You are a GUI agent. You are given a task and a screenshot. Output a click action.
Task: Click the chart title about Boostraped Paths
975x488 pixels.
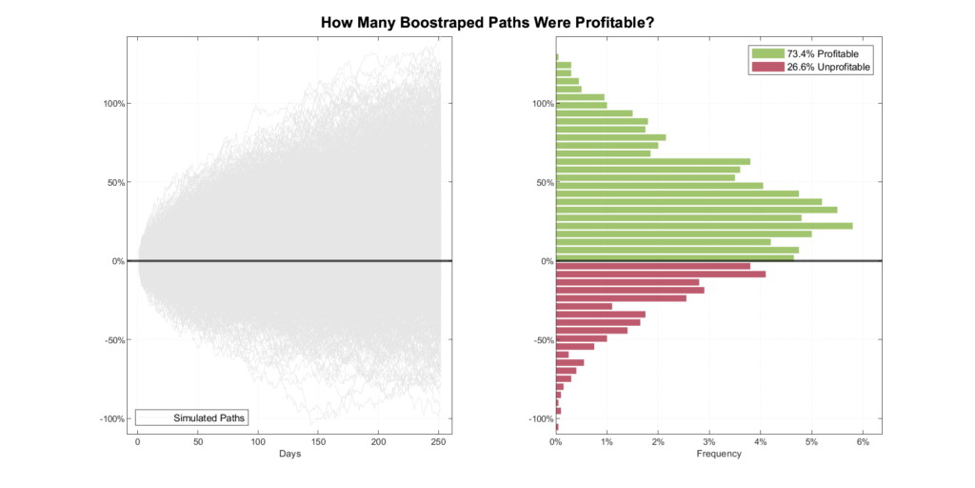(x=487, y=22)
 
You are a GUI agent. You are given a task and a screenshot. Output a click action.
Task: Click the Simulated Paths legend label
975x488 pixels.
(x=209, y=417)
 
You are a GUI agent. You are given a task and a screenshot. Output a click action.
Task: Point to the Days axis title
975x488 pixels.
(x=290, y=454)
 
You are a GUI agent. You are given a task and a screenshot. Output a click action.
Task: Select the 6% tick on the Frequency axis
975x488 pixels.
(x=863, y=441)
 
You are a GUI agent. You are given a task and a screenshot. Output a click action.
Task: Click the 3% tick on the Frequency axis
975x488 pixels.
(x=709, y=441)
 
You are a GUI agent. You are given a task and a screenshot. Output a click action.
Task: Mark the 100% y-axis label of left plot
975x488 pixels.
(x=115, y=103)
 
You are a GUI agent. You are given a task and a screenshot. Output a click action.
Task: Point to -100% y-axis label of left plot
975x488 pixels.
(x=113, y=418)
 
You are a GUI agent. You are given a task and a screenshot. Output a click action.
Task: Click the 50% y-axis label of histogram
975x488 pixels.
(x=542, y=182)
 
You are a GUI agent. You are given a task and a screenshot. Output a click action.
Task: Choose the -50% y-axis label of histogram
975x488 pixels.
(x=540, y=339)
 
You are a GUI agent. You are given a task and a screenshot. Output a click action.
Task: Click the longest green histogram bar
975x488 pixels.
(x=704, y=225)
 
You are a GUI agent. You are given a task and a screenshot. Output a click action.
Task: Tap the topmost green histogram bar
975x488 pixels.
(x=557, y=57)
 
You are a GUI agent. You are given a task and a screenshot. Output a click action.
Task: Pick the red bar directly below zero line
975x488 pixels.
(x=652, y=266)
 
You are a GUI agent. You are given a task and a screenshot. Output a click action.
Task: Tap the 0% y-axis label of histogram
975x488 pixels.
(x=545, y=260)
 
